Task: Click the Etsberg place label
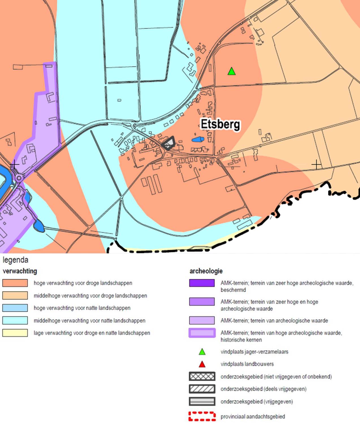click(220, 124)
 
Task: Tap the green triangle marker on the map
click(232, 71)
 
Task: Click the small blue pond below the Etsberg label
click(198, 139)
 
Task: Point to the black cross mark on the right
click(316, 164)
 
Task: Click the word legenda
click(16, 260)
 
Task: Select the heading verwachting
click(20, 271)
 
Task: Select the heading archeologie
click(206, 271)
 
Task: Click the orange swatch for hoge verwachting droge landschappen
click(15, 283)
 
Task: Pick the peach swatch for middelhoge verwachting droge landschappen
click(15, 295)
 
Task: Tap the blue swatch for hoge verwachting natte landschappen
click(15, 308)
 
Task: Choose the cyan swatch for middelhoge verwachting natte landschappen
click(15, 320)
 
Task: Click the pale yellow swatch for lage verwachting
click(15, 333)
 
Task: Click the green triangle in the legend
click(202, 352)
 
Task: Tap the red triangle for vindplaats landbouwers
click(202, 364)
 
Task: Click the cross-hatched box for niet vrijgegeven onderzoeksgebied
click(202, 376)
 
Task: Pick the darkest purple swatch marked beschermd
click(202, 283)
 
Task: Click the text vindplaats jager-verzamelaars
click(254, 352)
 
